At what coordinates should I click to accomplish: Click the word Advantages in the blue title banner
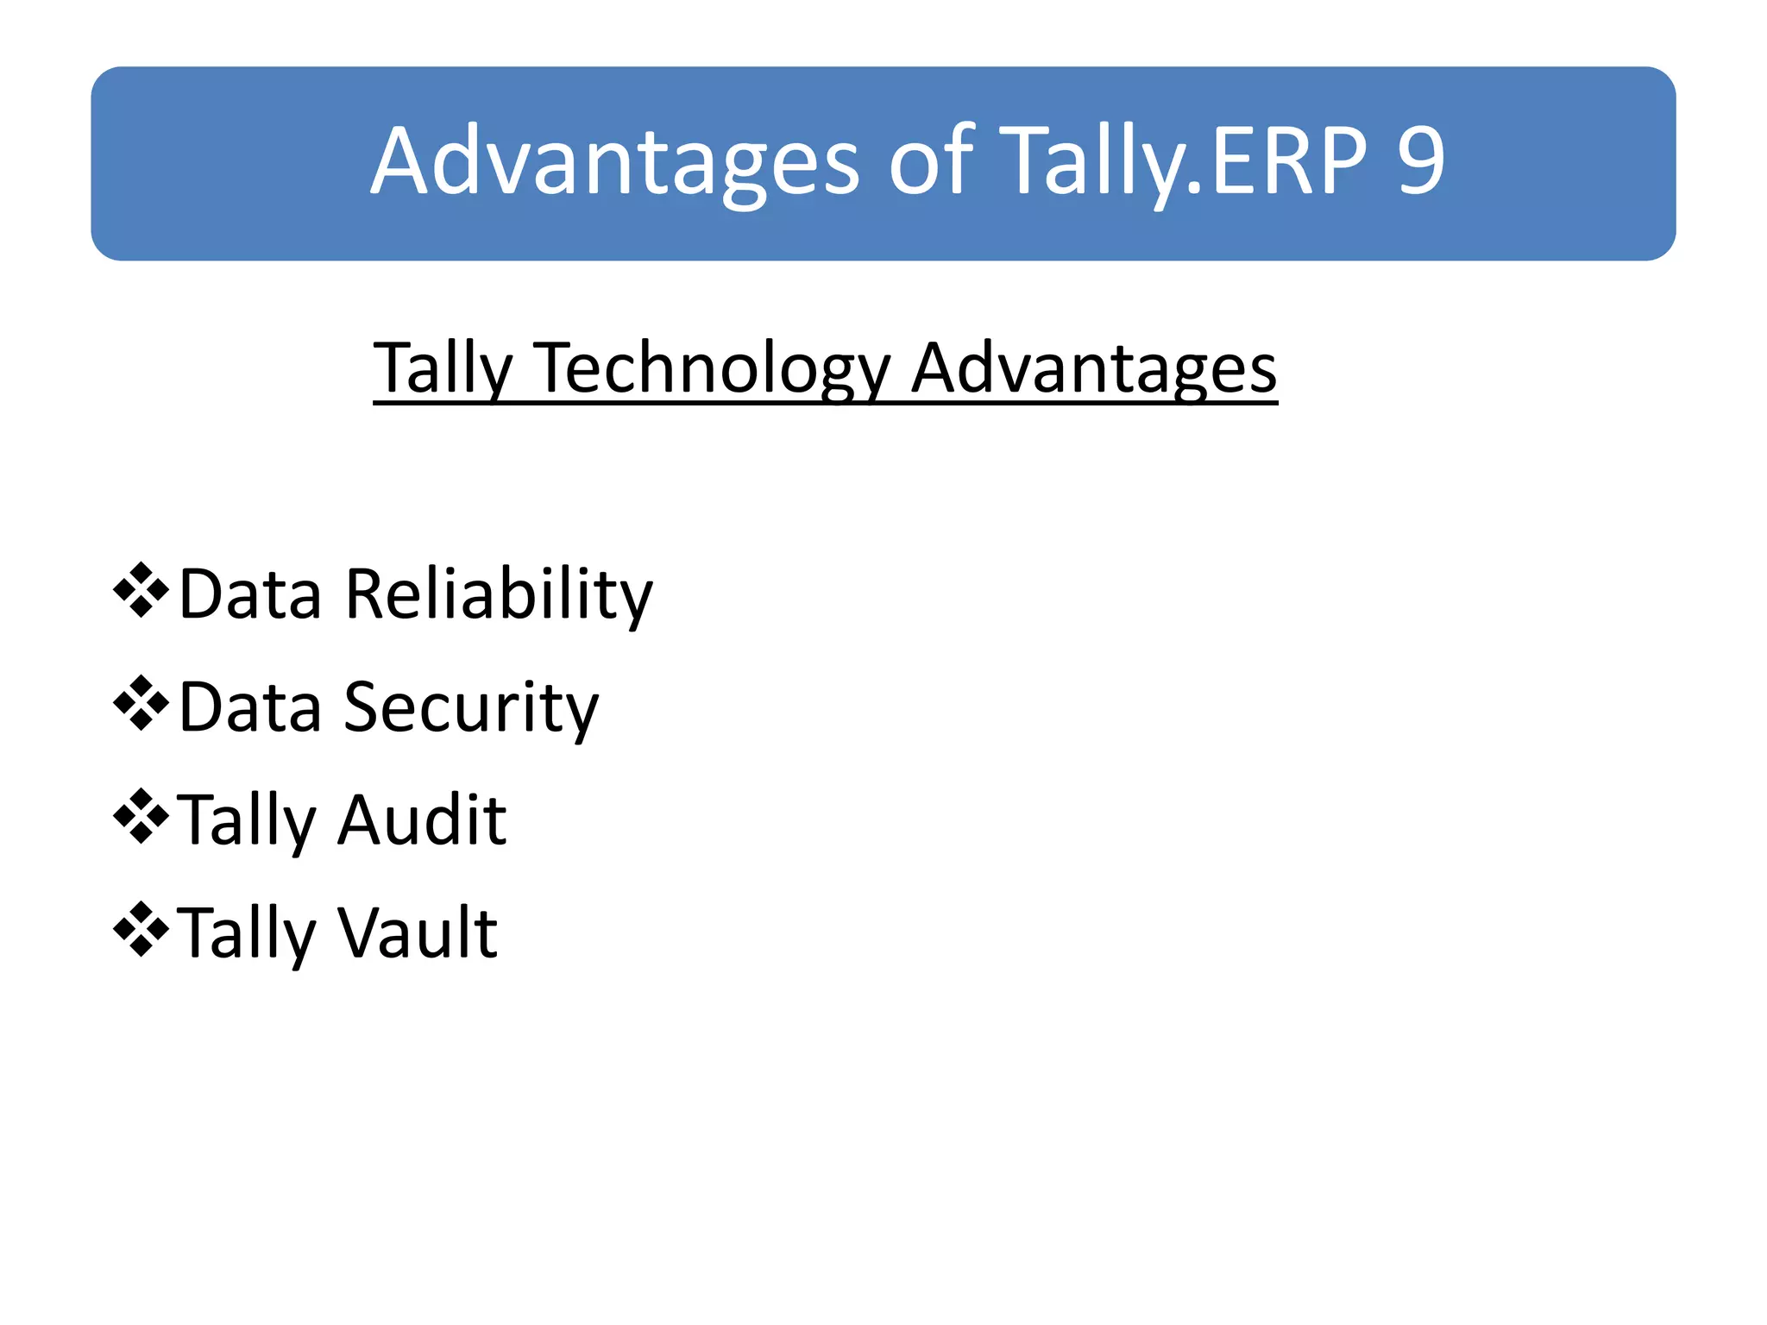615,162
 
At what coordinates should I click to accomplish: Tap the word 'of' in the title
930,162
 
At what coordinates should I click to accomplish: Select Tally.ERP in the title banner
1186,162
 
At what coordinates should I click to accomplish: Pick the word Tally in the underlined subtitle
443,369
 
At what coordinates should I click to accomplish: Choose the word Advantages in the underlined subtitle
1094,369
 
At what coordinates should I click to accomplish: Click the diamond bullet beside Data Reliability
141,591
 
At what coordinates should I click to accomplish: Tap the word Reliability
499,595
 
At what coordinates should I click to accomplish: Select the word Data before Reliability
250,595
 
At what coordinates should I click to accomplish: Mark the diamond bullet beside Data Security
141,704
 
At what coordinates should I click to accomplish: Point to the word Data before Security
250,708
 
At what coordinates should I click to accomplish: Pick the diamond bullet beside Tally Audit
141,816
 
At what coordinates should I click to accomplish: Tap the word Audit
422,819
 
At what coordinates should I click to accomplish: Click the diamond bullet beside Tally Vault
141,929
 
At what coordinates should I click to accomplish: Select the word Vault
418,933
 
